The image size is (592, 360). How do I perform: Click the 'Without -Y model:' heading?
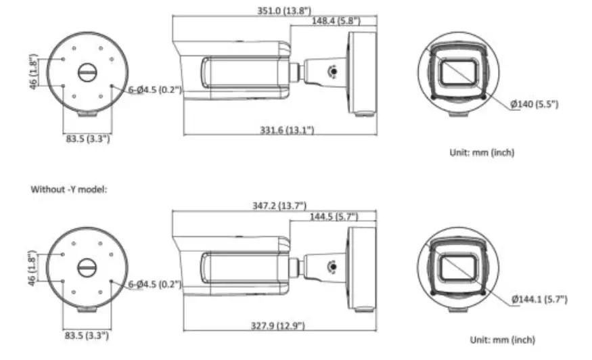pos(68,189)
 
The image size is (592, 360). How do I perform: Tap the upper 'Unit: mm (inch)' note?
pos(482,152)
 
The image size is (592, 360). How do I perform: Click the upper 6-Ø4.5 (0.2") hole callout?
pos(155,90)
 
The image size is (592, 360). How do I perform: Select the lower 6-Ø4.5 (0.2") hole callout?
pos(155,284)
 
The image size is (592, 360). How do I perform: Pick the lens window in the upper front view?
pos(459,72)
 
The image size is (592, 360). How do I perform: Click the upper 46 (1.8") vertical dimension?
pos(34,72)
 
